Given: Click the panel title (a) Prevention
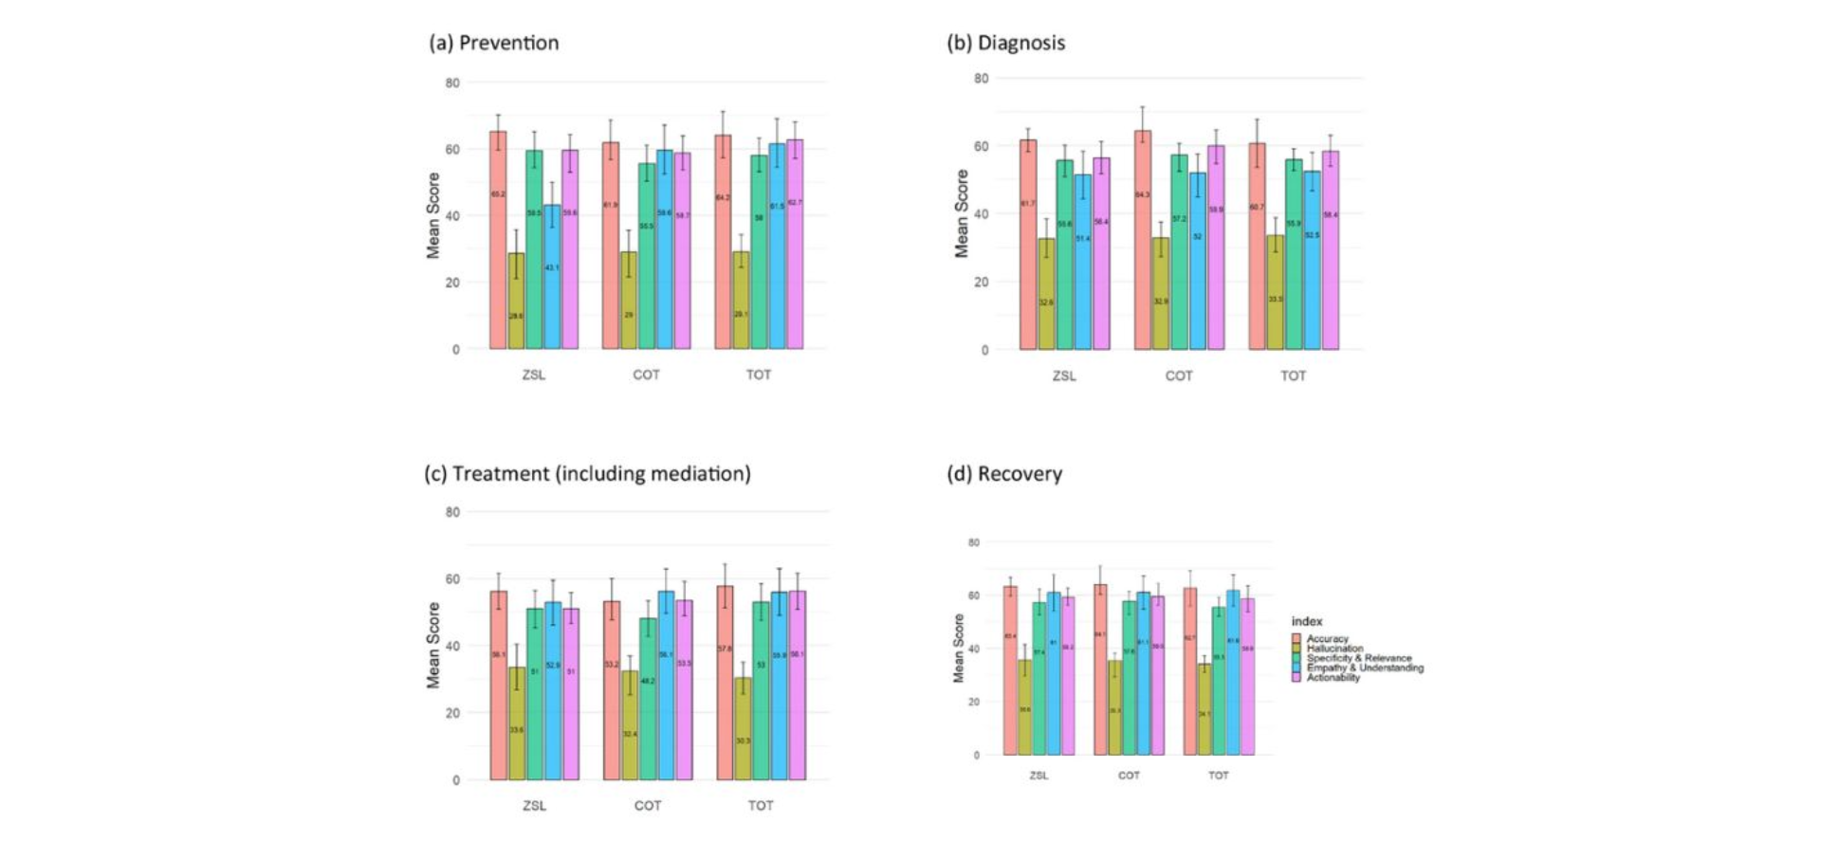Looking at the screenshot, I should (x=494, y=43).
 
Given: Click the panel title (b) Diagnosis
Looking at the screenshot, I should (x=1006, y=43).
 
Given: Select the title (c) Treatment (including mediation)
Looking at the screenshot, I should (x=587, y=473).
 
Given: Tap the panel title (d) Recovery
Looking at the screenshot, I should (x=1004, y=473).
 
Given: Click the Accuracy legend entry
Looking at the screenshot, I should (x=1327, y=639).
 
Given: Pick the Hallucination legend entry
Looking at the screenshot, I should (x=1334, y=649).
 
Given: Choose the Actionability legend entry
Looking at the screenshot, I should (x=1333, y=677).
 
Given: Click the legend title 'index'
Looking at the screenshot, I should (x=1307, y=621).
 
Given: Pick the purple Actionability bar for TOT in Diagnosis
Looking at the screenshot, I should (x=1331, y=250).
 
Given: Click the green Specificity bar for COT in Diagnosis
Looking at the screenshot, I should (x=1179, y=252).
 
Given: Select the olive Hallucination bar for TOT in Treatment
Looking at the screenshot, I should (x=743, y=728).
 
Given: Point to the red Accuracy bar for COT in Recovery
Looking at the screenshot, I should (x=1100, y=669).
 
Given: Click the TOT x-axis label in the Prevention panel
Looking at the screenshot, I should (x=759, y=375).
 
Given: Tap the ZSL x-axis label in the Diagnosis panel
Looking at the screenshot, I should (x=1064, y=375).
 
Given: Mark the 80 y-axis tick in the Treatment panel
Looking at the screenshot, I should (x=452, y=512).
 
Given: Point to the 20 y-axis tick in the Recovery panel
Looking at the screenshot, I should (x=973, y=702).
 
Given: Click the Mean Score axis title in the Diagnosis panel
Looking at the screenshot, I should (x=962, y=214).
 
